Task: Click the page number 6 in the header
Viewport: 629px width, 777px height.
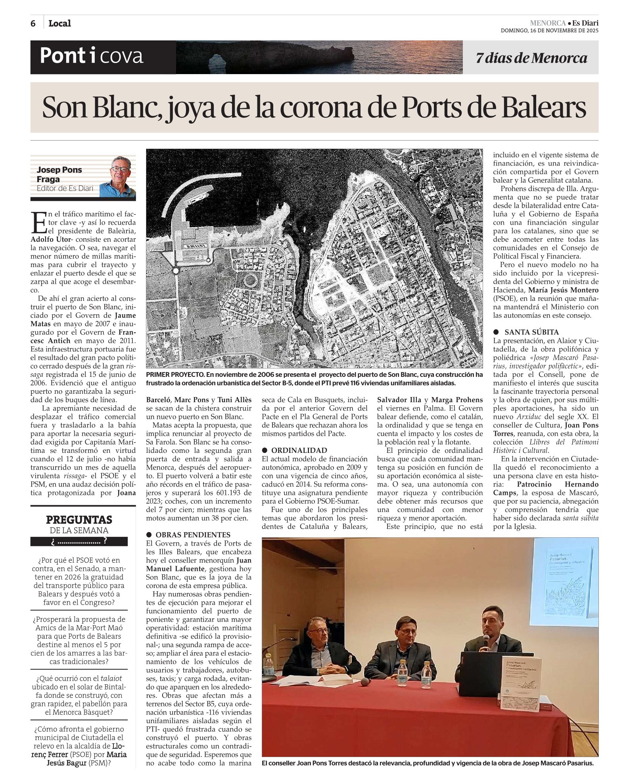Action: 33,23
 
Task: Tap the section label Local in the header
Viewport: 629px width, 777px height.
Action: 59,23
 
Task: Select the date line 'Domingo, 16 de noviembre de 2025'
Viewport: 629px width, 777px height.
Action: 549,31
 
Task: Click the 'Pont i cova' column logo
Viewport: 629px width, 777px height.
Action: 91,56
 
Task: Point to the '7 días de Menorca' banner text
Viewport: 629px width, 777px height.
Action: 531,58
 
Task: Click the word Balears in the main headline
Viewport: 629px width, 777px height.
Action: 544,107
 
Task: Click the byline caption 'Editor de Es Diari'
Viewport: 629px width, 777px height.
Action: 65,189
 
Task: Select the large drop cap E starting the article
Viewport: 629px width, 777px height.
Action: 38,222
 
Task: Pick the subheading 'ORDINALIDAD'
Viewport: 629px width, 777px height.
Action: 299,451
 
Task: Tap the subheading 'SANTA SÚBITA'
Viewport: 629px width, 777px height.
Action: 531,332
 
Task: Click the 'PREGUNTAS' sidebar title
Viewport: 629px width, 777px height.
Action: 79,519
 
